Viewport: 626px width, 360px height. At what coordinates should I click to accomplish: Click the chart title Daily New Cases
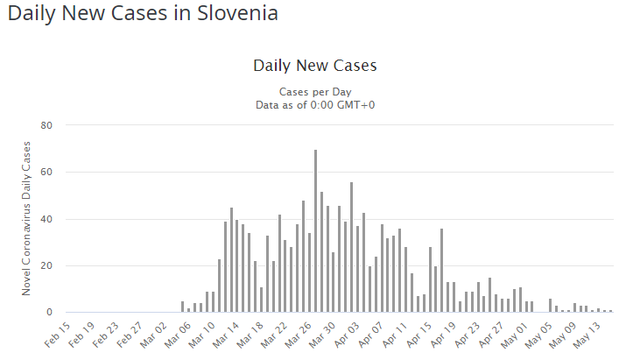click(314, 66)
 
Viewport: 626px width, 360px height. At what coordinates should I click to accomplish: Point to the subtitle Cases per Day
click(314, 92)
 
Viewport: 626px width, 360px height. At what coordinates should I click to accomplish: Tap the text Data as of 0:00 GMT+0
click(314, 105)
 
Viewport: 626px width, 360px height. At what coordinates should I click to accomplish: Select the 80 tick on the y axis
click(48, 125)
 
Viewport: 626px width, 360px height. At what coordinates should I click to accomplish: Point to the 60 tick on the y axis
click(48, 173)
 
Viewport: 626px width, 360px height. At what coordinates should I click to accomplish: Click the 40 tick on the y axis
click(48, 219)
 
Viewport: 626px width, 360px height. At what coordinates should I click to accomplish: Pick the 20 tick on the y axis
click(48, 266)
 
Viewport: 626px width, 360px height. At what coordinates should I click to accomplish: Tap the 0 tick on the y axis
click(51, 313)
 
